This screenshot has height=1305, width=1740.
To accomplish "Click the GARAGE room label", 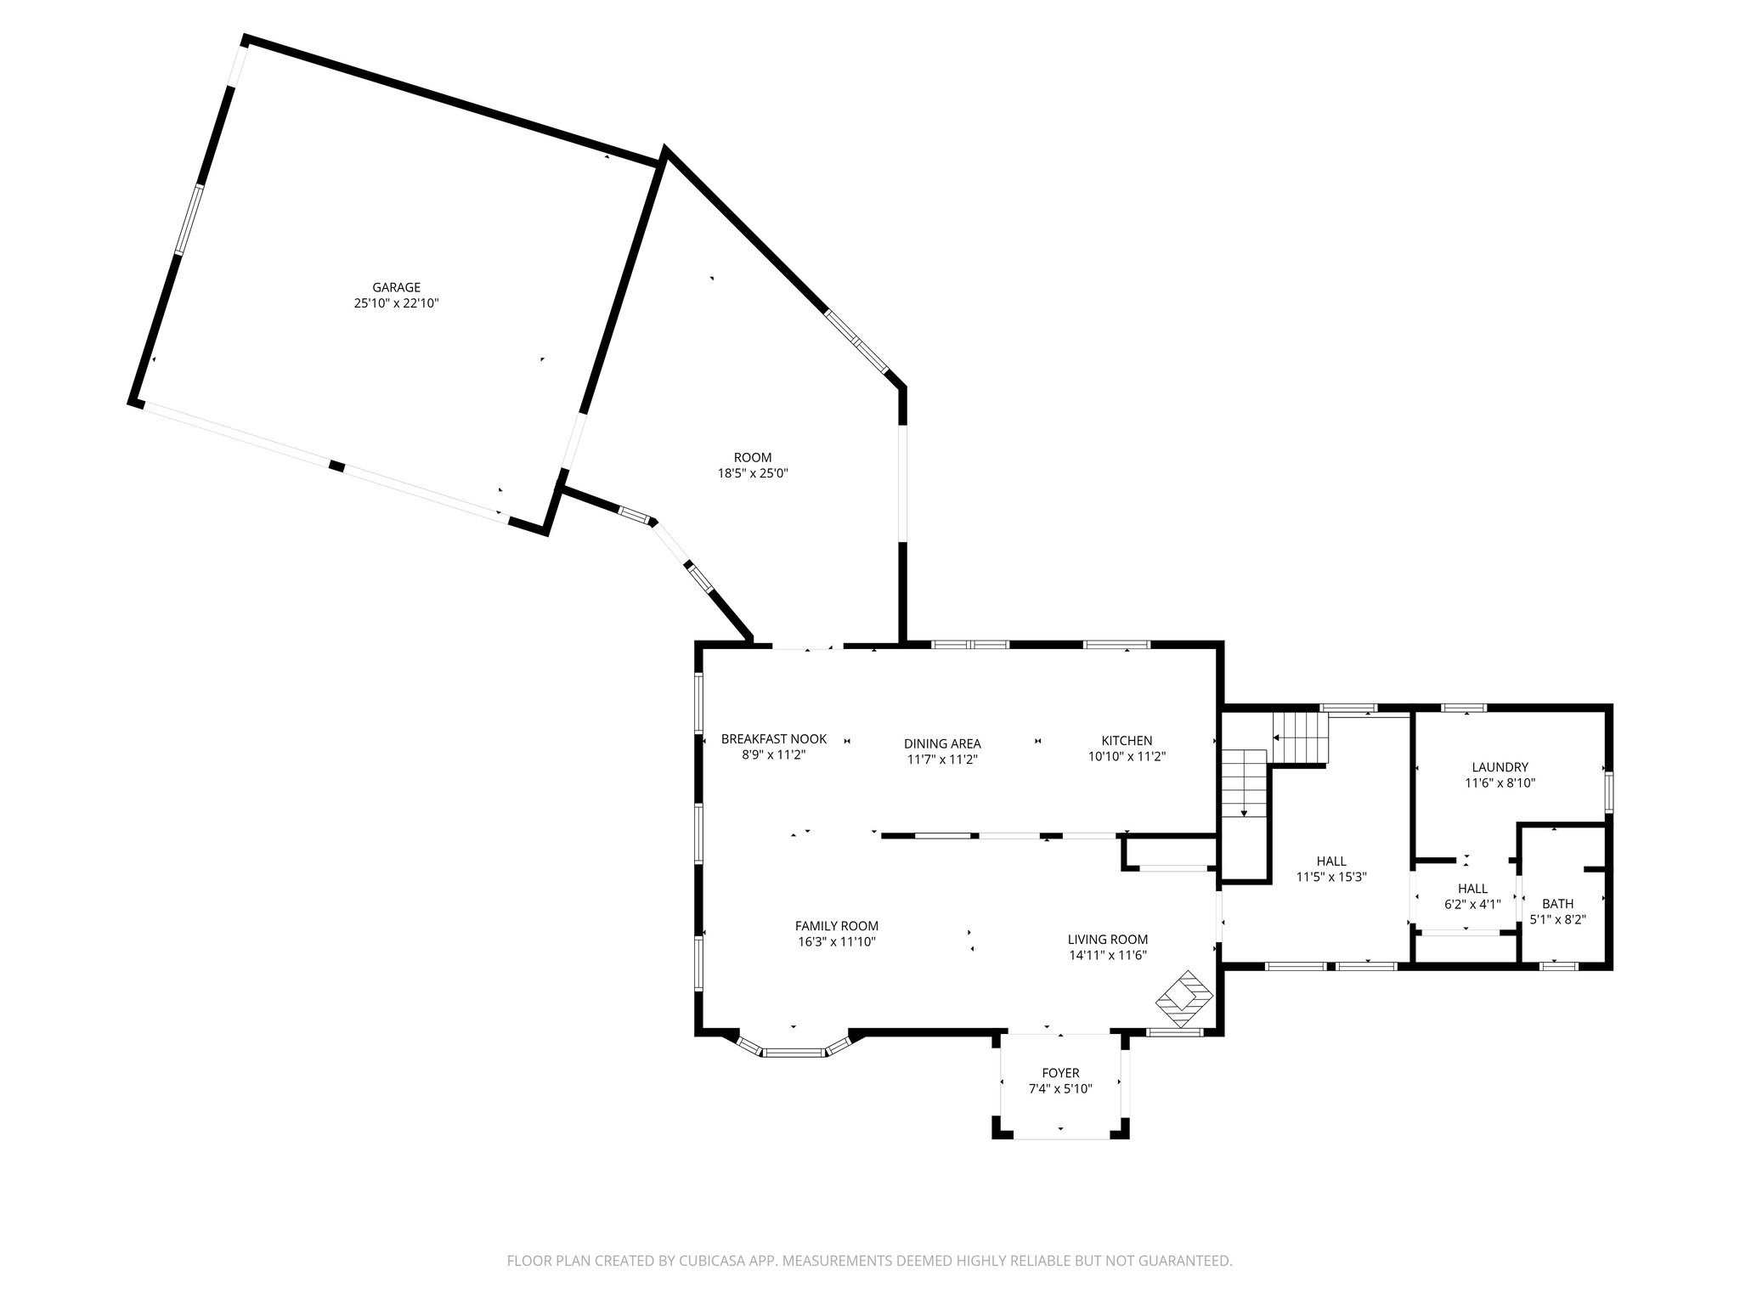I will (396, 287).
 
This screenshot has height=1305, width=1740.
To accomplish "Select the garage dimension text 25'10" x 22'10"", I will (396, 303).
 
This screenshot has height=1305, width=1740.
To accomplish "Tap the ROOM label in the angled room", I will (753, 458).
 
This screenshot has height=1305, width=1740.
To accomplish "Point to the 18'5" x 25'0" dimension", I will (753, 474).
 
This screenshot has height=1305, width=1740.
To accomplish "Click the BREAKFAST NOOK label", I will (773, 739).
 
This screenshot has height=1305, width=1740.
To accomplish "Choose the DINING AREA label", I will (942, 743).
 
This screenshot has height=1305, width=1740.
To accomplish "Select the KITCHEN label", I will (1127, 741).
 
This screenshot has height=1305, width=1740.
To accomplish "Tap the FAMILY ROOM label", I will (836, 926).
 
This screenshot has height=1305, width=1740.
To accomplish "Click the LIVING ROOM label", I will (1108, 940).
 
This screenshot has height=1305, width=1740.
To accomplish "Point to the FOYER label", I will (1060, 1073).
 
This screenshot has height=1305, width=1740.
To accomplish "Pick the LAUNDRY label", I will (1500, 767).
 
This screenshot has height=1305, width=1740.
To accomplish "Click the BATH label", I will (1557, 904).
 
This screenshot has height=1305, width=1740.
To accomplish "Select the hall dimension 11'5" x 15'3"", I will (1330, 877).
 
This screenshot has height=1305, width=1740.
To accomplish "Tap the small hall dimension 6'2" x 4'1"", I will (1472, 905).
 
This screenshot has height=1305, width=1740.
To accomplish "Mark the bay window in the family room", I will (794, 1051).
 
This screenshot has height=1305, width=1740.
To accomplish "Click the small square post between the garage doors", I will (337, 466).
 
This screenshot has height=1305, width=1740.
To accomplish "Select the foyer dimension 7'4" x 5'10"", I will (1060, 1089).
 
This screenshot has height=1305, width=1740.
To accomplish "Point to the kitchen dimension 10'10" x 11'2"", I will (1127, 757).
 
